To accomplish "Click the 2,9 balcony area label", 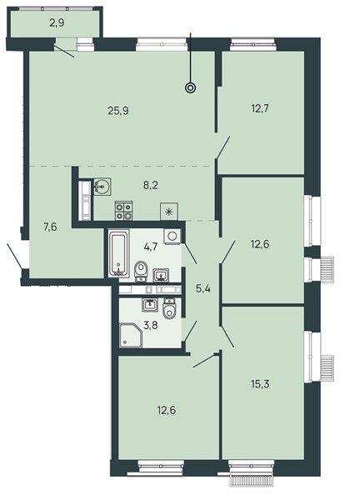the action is (57, 23).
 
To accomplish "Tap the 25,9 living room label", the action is (118, 112).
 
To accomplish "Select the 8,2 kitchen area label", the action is (151, 185).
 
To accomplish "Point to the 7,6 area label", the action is (50, 228).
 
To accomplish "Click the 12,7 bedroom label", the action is (260, 109).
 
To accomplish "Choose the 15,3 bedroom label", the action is (260, 384).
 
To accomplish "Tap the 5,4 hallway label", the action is (203, 290).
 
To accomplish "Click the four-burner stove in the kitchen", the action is (123, 211).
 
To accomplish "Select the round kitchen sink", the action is (102, 186).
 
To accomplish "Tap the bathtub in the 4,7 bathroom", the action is (119, 252).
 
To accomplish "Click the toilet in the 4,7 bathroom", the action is (141, 271).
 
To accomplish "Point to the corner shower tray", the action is (130, 336).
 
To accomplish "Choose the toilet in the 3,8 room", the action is (169, 309).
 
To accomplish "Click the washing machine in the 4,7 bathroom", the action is (172, 237).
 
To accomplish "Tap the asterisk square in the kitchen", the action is (169, 211).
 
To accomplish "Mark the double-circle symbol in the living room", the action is (191, 87).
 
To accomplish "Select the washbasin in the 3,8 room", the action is (150, 304).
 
